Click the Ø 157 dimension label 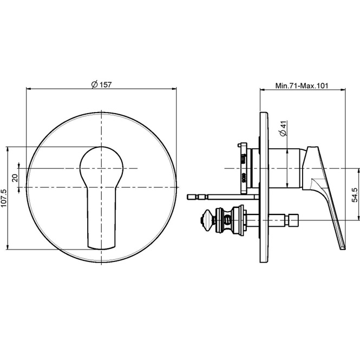[x=101, y=84]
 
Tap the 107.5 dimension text [x=4, y=198]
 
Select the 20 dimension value [x=15, y=178]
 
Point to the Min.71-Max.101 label [x=302, y=86]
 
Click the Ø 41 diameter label [x=284, y=129]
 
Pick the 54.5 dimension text [x=355, y=195]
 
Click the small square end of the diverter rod [x=293, y=220]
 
